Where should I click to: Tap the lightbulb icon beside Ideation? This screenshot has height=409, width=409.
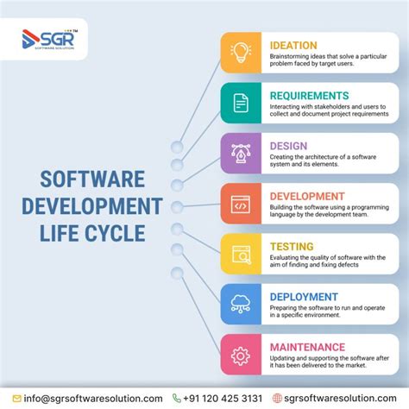241,53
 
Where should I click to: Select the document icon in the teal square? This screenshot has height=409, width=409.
241,104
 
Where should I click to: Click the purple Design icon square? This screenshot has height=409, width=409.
241,154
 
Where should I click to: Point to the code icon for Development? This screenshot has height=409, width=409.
241,204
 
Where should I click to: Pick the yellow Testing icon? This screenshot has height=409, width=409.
241,254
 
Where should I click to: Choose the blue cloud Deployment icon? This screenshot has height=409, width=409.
241,304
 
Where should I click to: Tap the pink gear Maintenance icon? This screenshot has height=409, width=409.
241,354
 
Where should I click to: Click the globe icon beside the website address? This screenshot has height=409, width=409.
277,398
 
